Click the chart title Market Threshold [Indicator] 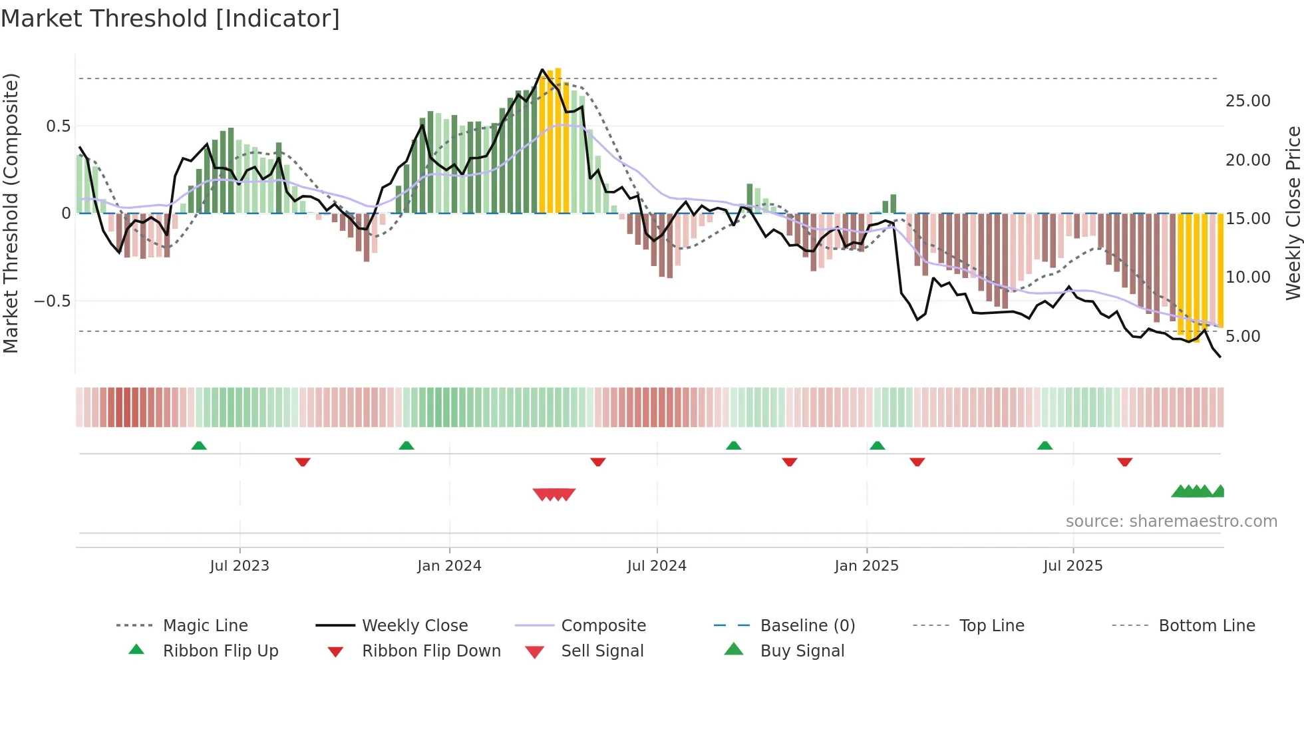170,19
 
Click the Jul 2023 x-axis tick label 240,566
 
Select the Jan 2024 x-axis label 449,566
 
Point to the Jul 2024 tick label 657,566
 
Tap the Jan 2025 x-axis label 866,566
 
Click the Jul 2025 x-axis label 1072,566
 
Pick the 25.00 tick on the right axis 1247,101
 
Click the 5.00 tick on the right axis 1243,337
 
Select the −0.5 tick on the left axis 52,301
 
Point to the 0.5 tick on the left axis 58,126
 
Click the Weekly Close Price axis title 1293,213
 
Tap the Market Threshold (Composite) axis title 11,213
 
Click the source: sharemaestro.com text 1171,521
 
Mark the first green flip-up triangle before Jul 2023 199,446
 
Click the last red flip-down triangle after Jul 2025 1124,462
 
